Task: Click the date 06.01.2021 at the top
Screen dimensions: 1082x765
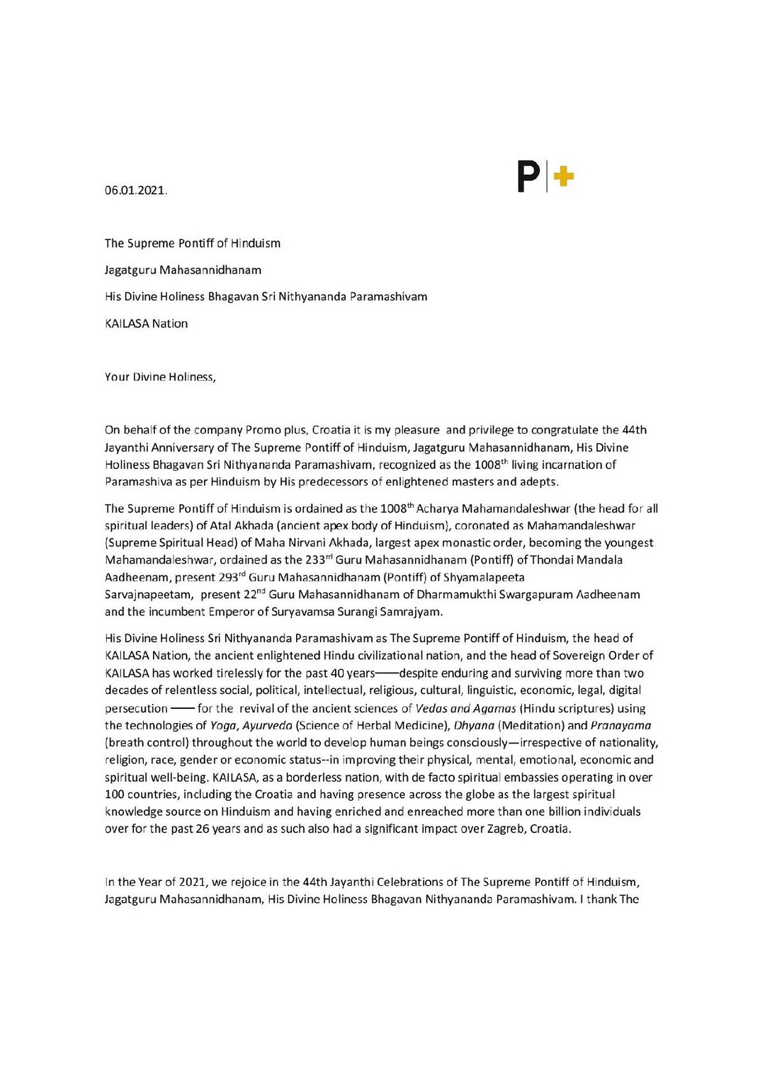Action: point(135,190)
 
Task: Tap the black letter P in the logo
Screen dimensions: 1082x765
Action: point(528,176)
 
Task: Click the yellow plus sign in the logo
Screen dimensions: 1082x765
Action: point(563,176)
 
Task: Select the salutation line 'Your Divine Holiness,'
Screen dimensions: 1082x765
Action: point(160,377)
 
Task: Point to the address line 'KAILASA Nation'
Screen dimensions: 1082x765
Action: point(146,324)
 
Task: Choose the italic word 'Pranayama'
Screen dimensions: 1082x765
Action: point(620,725)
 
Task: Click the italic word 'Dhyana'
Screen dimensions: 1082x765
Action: point(474,725)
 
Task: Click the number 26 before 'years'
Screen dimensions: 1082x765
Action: point(202,828)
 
